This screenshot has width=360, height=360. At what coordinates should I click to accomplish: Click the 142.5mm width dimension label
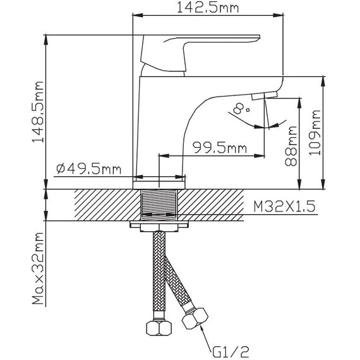(208, 8)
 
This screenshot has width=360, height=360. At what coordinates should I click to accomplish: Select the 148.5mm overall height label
(38, 112)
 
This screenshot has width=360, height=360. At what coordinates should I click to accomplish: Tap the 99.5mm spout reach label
(220, 148)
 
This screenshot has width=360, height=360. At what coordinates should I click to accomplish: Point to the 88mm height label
(291, 146)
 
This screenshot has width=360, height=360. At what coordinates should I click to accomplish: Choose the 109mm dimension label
(315, 133)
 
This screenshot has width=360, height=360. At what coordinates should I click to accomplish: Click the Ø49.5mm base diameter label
(88, 169)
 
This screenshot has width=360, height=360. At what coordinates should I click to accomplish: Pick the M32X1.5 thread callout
(284, 207)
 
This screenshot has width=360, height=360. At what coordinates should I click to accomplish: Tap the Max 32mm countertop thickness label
(38, 268)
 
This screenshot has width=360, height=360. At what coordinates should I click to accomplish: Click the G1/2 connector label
(230, 352)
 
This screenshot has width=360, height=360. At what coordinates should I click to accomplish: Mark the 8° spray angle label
(241, 109)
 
